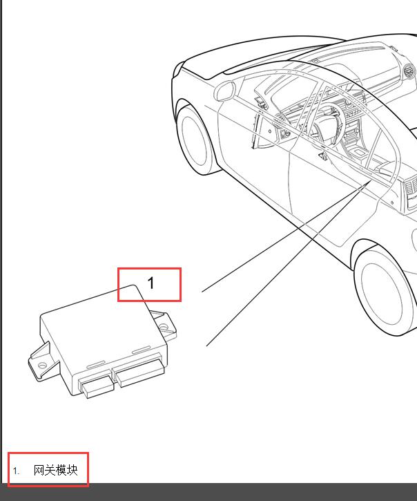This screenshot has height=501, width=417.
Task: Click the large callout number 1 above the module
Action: click(x=151, y=283)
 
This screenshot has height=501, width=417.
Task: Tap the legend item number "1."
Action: click(x=16, y=471)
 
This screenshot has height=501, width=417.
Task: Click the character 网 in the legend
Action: click(x=39, y=471)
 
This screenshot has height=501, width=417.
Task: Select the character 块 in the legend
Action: click(x=72, y=471)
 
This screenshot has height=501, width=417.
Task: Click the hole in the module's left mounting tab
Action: click(x=42, y=365)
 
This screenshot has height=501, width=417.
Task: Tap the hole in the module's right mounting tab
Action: click(x=164, y=327)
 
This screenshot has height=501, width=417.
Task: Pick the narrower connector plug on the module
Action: click(x=96, y=386)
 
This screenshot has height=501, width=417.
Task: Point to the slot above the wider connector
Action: click(x=141, y=350)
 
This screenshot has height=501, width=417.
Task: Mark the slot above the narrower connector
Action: click(x=96, y=365)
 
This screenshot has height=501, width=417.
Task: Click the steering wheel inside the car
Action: click(x=328, y=124)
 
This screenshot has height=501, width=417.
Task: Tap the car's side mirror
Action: click(x=224, y=91)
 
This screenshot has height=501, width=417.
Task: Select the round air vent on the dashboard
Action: click(x=409, y=72)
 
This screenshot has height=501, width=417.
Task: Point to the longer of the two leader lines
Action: click(x=289, y=263)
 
